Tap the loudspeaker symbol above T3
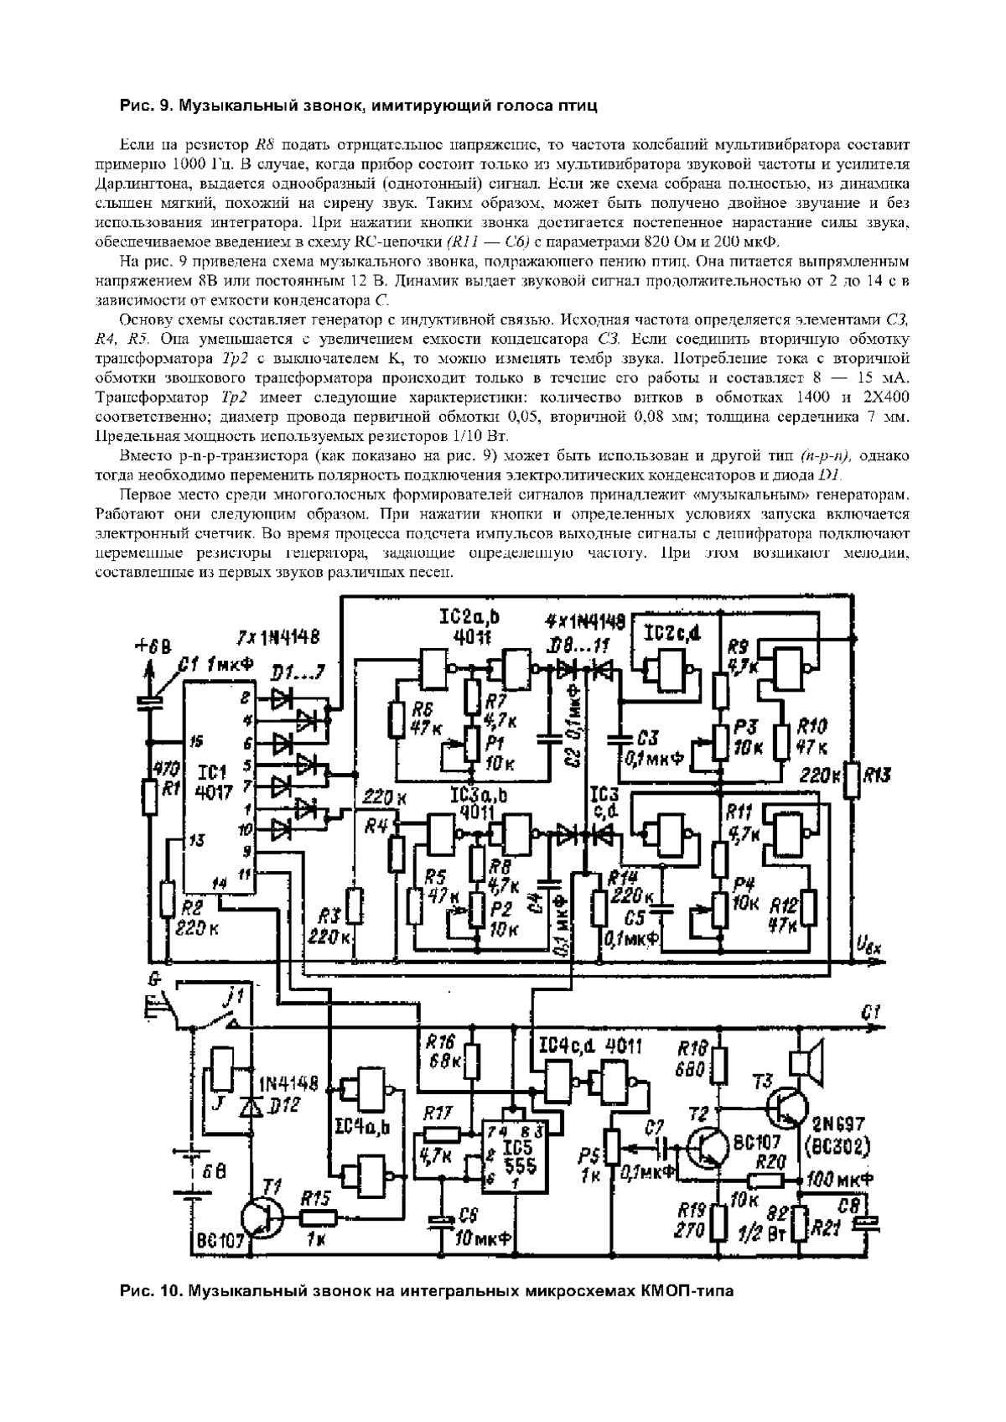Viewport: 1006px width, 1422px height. [x=809, y=1061]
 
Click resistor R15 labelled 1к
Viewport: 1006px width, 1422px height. [x=319, y=1218]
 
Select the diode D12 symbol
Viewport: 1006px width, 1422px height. [x=249, y=1106]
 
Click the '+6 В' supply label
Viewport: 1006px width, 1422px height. [x=153, y=646]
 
